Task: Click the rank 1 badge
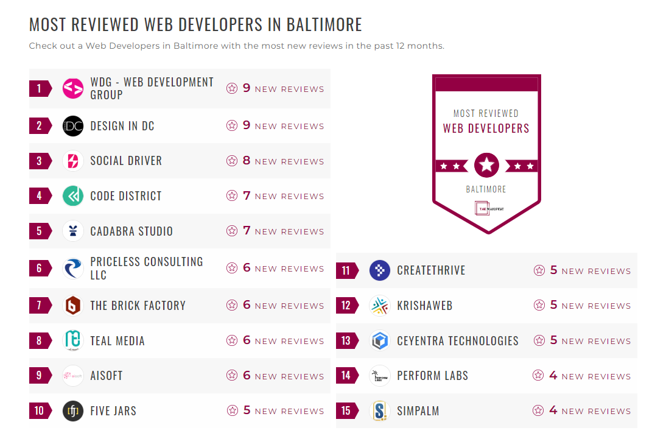pos(40,89)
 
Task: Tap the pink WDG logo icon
pos(73,89)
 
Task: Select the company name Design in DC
pos(122,126)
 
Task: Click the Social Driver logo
pos(73,161)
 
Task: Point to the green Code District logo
pos(73,196)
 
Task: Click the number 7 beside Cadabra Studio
pos(247,231)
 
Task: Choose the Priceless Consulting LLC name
pos(146,268)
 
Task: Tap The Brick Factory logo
pos(73,306)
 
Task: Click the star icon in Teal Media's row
pos(232,341)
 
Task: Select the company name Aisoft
pos(107,376)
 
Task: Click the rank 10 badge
pos(40,410)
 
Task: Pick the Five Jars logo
pos(73,411)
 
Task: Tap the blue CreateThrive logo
pos(380,270)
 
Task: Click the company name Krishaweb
pos(424,306)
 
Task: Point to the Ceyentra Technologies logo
pos(380,341)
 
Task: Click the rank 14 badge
pos(346,376)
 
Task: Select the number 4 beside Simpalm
pos(553,410)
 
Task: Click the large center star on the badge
pos(486,165)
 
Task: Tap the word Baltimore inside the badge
pos(486,189)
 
